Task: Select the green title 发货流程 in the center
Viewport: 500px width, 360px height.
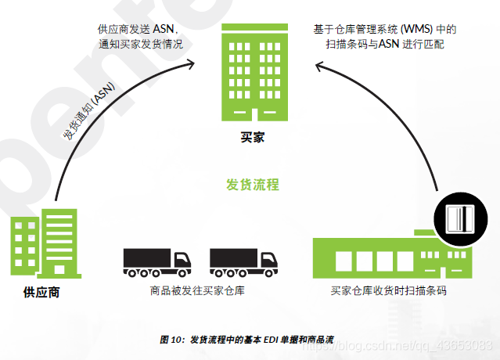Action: pyautogui.click(x=252, y=185)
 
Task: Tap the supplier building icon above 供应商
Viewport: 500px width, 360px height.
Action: pyautogui.click(x=45, y=243)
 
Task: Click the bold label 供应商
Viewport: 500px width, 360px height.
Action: pyautogui.click(x=41, y=293)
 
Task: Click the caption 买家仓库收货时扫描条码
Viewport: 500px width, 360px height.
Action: pyautogui.click(x=388, y=291)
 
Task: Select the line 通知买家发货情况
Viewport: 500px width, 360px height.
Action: pyautogui.click(x=141, y=44)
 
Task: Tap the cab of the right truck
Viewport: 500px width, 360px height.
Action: pyautogui.click(x=266, y=260)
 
